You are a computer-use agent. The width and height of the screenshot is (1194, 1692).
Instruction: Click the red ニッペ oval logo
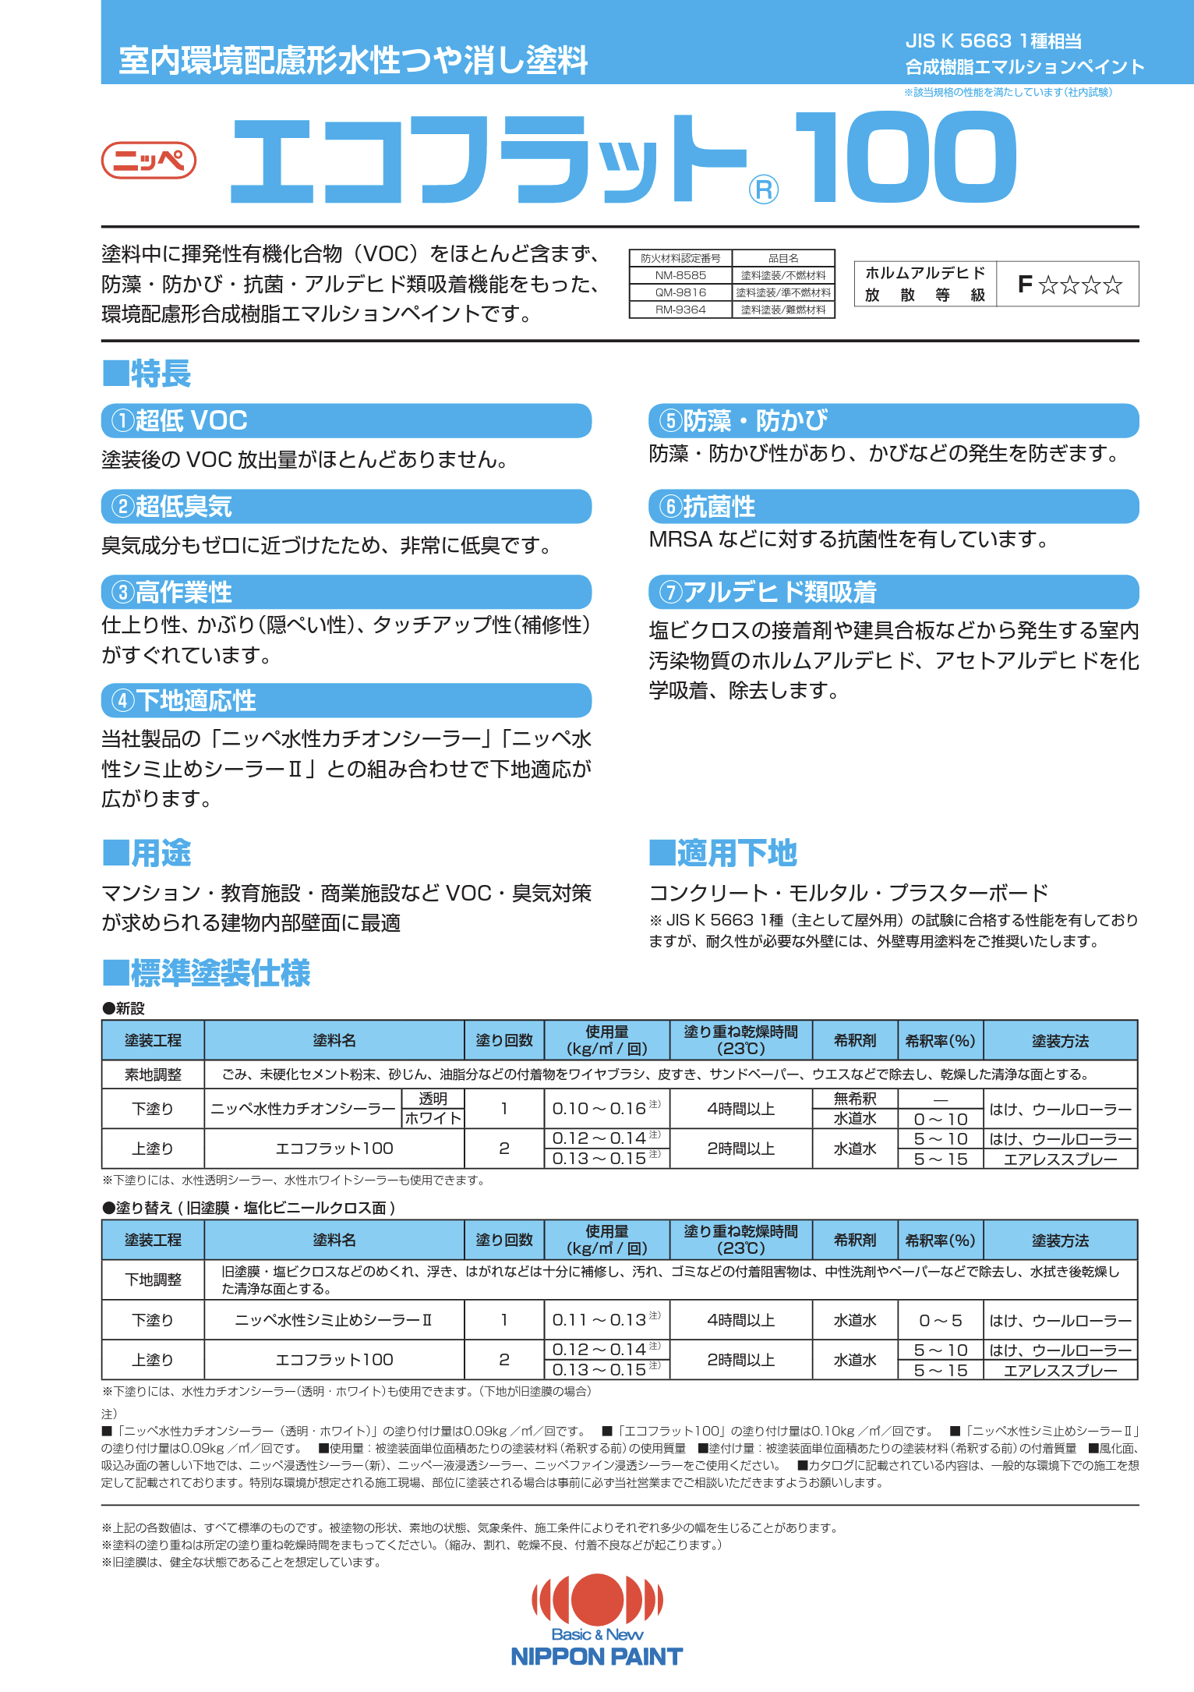(x=148, y=161)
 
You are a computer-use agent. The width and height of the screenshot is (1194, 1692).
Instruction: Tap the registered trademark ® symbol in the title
(x=763, y=190)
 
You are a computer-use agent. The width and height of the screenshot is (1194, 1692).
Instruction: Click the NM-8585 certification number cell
(x=680, y=275)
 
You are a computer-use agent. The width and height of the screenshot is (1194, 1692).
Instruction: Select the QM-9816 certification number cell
(x=680, y=292)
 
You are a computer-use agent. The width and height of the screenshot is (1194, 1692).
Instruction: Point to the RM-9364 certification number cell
(x=680, y=310)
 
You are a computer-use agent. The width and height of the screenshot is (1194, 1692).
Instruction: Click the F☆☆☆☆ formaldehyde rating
(x=1069, y=285)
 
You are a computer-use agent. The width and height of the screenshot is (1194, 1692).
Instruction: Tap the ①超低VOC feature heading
(x=346, y=421)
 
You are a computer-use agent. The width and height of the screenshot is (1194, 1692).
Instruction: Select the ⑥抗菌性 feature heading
(x=893, y=507)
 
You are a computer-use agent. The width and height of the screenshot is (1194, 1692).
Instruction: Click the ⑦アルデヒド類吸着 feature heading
(x=893, y=593)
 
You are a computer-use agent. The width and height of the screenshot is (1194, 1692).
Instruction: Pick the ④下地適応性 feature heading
(x=346, y=700)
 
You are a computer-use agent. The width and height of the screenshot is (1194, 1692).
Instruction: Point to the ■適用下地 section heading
(x=722, y=853)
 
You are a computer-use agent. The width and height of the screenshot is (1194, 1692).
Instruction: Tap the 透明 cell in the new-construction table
(x=433, y=1099)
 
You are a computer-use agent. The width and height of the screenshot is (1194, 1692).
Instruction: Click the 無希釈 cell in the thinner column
(x=855, y=1099)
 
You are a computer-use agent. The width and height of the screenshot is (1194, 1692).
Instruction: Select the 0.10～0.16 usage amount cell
(x=606, y=1109)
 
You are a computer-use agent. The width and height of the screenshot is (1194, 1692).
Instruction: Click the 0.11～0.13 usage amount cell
(x=606, y=1320)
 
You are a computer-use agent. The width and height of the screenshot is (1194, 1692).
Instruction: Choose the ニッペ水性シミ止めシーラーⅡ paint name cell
(x=334, y=1320)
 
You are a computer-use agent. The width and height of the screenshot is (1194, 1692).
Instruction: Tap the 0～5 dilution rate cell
(x=940, y=1320)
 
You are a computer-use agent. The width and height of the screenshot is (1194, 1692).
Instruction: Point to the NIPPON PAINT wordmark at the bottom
(x=597, y=1657)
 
